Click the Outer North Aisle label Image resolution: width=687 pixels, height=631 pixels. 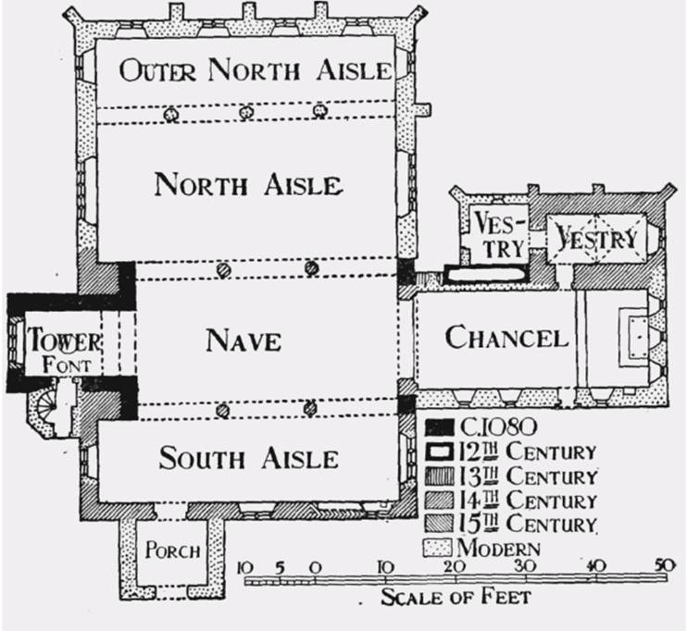(256, 71)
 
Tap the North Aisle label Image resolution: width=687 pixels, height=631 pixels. (248, 184)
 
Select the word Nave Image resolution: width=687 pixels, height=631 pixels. (244, 340)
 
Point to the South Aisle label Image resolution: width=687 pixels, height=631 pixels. (248, 458)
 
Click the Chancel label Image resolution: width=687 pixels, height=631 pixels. (506, 337)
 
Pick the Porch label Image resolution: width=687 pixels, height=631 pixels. (172, 550)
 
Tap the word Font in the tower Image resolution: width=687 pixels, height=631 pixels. (67, 365)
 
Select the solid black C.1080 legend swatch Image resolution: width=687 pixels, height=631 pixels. (440, 427)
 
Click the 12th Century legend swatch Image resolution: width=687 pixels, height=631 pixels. (440, 452)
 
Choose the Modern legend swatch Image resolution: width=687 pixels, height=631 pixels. (437, 549)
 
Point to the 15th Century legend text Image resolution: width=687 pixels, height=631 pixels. (529, 524)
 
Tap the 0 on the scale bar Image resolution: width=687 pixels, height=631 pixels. (316, 568)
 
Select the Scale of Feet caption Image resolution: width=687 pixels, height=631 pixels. (456, 597)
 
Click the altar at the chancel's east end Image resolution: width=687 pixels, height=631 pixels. (635, 337)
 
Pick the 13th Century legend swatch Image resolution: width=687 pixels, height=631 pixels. (440, 476)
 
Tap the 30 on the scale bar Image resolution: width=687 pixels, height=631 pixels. (525, 566)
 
